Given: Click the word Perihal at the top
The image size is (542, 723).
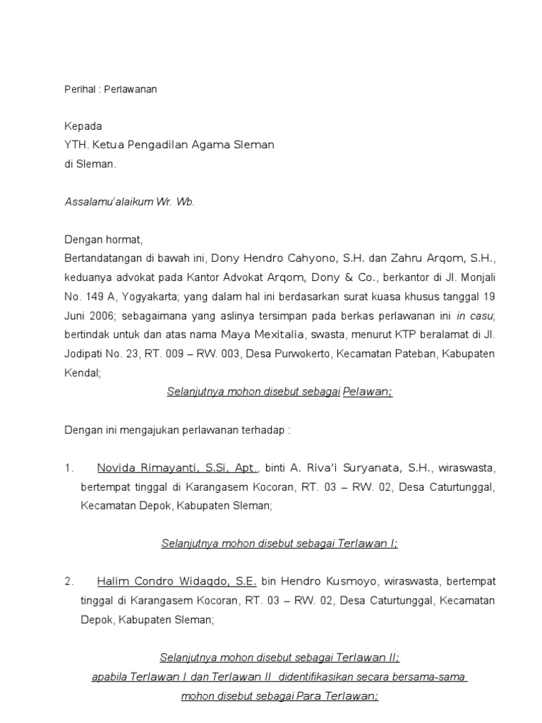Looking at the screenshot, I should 76,90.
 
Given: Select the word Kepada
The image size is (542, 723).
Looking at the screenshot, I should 83,126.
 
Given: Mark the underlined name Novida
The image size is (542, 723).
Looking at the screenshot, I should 116,467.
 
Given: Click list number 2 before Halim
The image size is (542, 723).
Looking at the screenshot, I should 68,581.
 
